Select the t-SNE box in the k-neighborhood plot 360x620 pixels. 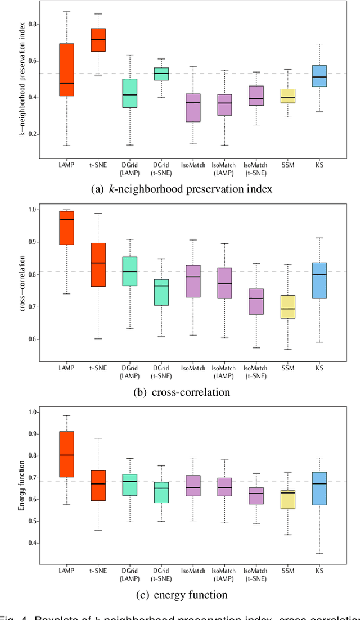tap(98, 40)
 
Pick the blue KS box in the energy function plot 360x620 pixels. tap(319, 488)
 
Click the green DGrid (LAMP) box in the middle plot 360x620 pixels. tap(130, 271)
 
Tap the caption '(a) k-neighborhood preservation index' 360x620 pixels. tap(181, 189)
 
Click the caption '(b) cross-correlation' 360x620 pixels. tap(181, 392)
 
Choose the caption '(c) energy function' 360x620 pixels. tap(181, 595)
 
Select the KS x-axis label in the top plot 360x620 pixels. tap(319, 165)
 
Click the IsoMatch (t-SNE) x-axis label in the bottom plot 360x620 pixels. tap(255, 573)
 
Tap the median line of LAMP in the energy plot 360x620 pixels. tap(66, 455)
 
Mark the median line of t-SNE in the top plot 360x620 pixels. tap(98, 39)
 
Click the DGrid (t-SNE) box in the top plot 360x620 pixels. tap(162, 74)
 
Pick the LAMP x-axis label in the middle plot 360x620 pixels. tap(66, 368)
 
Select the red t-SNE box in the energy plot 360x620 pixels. tap(98, 486)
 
